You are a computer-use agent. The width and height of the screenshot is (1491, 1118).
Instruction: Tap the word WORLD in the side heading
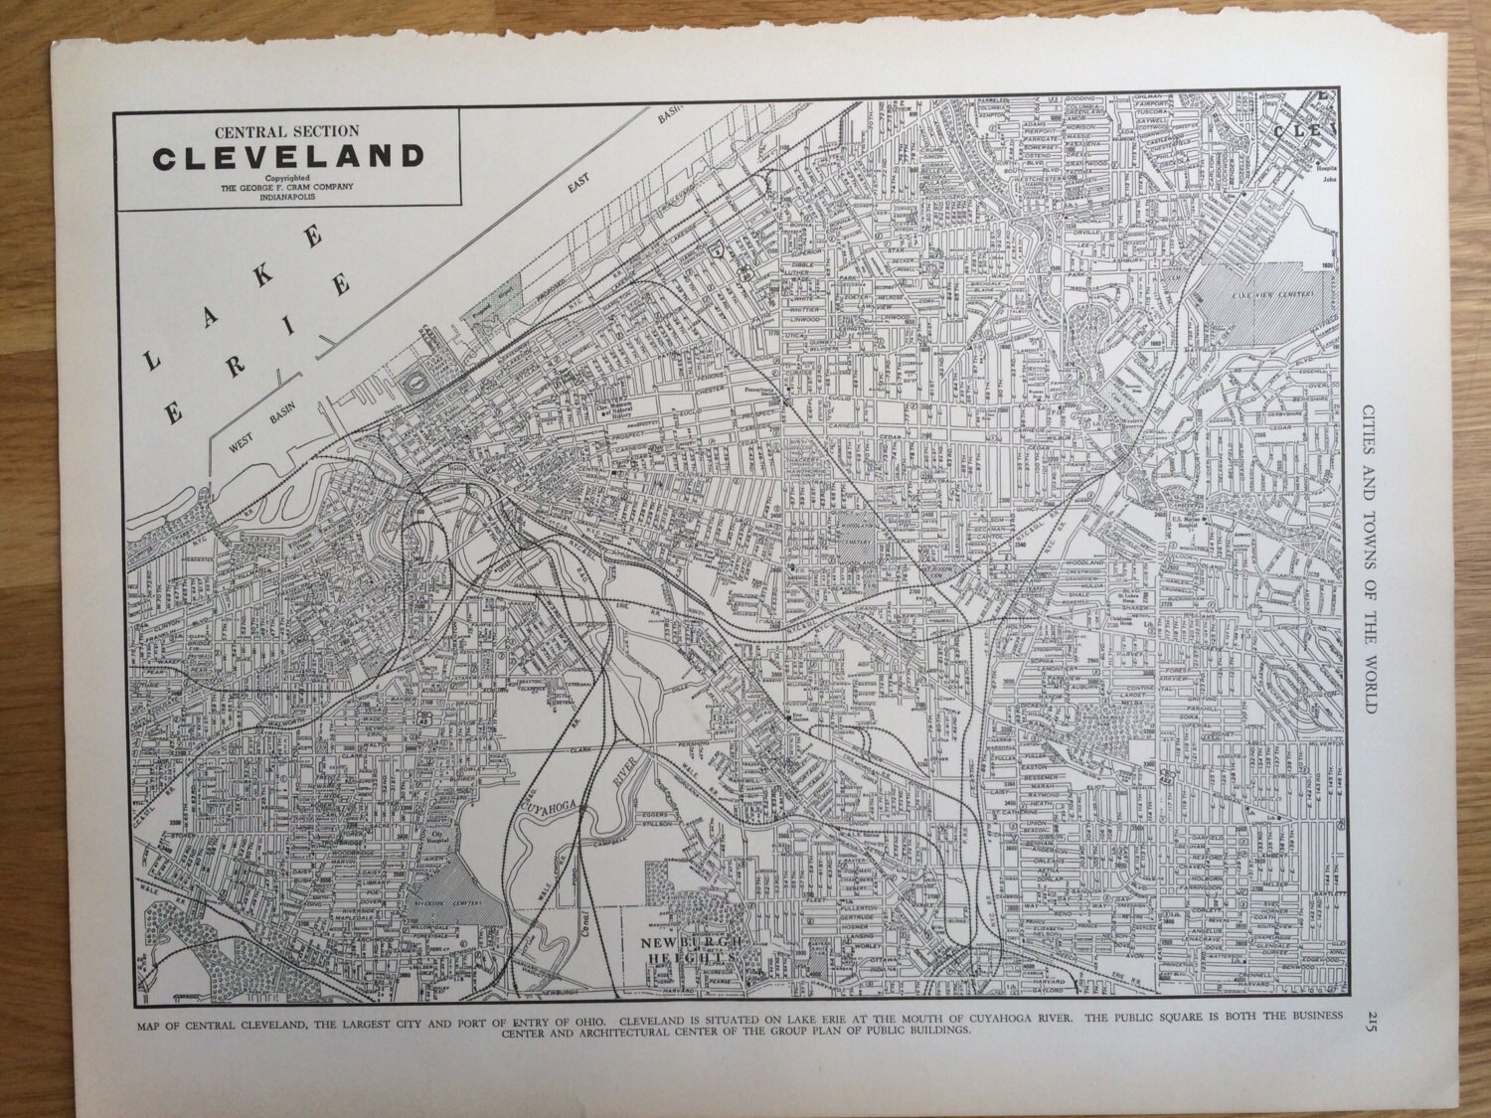click(x=1372, y=685)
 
